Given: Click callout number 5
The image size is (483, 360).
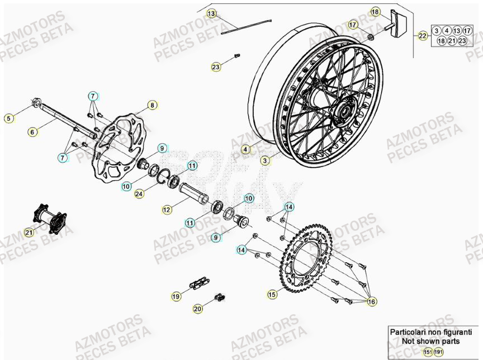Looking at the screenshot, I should [8, 118].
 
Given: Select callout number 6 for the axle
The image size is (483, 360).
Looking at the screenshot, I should [32, 132].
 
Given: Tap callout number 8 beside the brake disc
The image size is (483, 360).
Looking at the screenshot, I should [151, 105].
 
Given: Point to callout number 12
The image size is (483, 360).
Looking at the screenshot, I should [167, 210].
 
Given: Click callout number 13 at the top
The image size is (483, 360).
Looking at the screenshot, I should [211, 13].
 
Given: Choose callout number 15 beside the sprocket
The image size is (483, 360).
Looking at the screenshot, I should [272, 293].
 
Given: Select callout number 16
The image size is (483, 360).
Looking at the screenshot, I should [372, 301].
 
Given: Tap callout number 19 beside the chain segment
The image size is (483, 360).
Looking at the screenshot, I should [176, 297].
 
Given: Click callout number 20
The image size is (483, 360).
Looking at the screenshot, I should [198, 308].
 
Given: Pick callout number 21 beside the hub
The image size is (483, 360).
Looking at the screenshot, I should [29, 231].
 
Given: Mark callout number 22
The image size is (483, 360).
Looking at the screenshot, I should [423, 36].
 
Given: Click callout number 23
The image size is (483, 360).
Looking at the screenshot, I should [216, 67].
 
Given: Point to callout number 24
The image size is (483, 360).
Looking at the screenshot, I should [139, 194].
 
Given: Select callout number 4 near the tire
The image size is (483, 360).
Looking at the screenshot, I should [245, 149].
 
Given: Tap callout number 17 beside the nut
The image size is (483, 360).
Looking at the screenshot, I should [353, 25].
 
